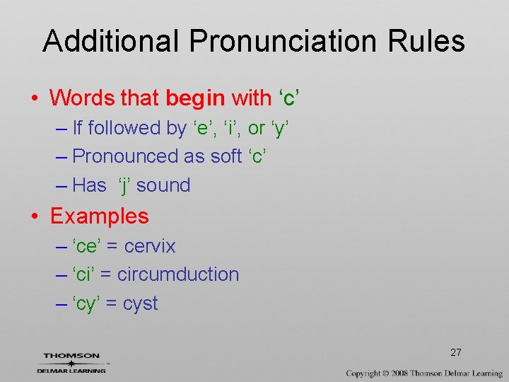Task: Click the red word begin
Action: (195, 98)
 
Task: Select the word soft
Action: (226, 156)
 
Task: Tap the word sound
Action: (163, 185)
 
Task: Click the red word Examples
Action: (100, 216)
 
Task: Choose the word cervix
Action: (150, 246)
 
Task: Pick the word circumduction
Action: (178, 274)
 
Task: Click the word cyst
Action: (141, 303)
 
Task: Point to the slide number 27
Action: (456, 352)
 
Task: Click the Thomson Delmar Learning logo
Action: (71, 362)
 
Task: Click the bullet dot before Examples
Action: (35, 216)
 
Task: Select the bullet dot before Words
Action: (35, 98)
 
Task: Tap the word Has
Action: (89, 185)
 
